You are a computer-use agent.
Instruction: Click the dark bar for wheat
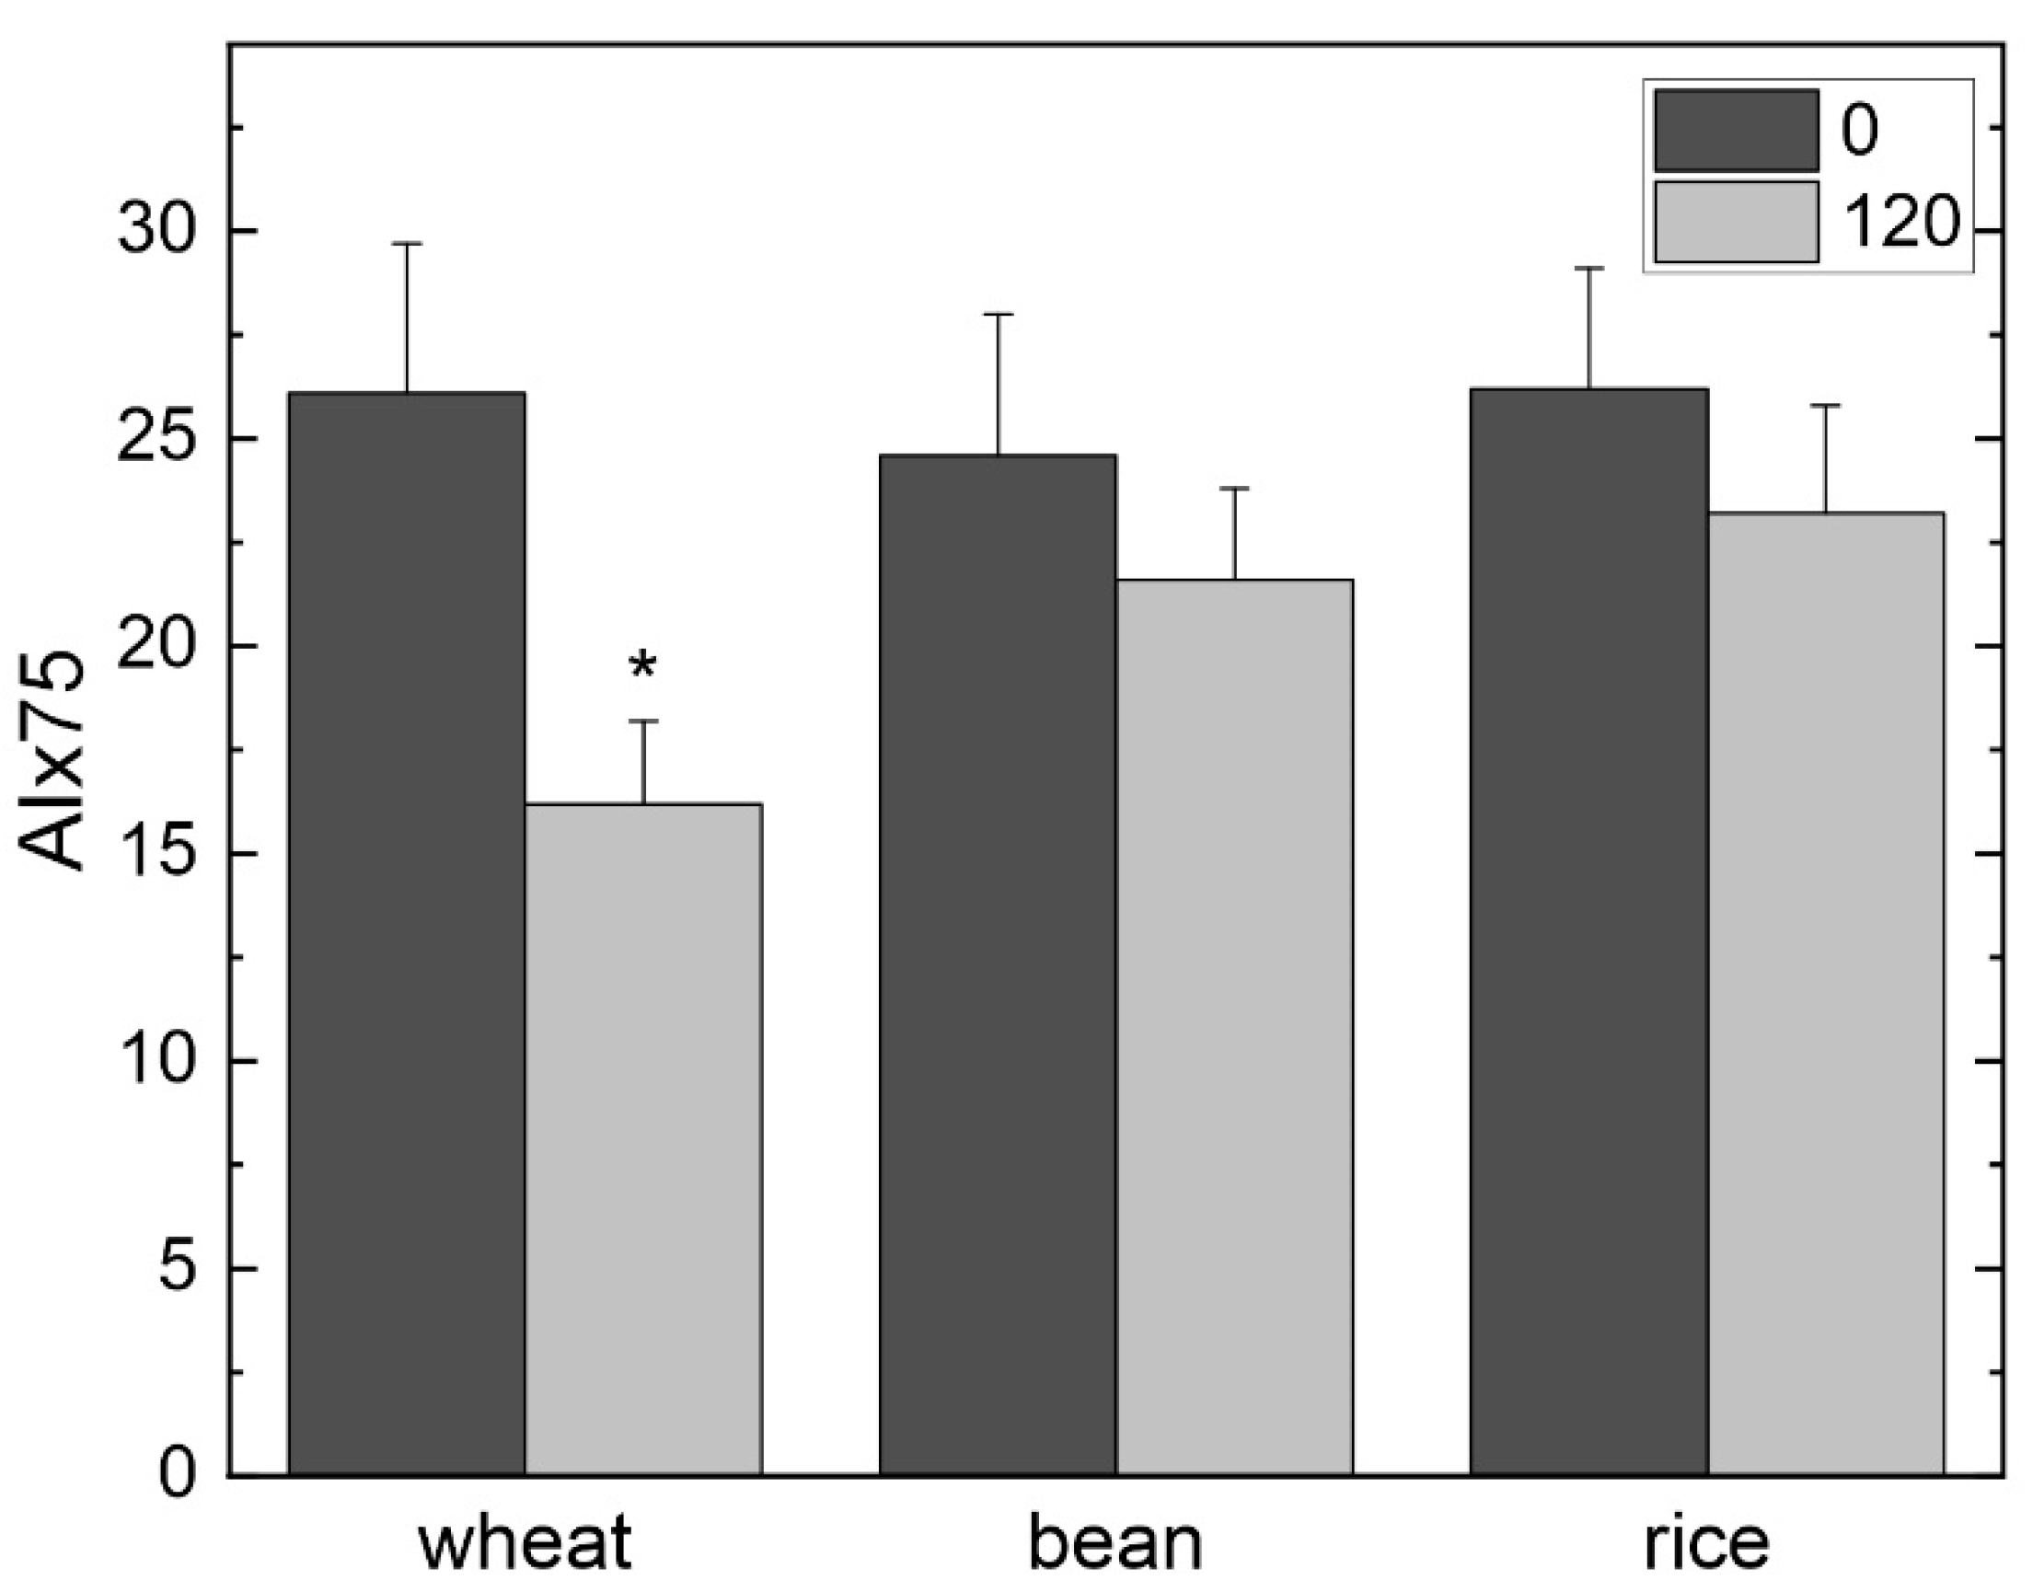tap(406, 936)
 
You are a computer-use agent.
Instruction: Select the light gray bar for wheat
tap(643, 1142)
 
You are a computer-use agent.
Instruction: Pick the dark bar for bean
tap(998, 964)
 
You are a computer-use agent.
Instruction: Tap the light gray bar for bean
tap(1234, 1030)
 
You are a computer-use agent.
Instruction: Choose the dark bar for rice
tap(1589, 936)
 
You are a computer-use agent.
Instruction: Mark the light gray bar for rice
tap(1826, 992)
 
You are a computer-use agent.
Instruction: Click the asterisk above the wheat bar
tap(643, 667)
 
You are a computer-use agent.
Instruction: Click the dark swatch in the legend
tap(1736, 130)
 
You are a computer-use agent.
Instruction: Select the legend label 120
tap(1900, 224)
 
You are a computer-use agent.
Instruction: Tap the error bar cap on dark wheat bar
tap(406, 243)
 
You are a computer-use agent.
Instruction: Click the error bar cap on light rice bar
tap(1826, 405)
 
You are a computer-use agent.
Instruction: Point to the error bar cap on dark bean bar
tap(998, 315)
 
